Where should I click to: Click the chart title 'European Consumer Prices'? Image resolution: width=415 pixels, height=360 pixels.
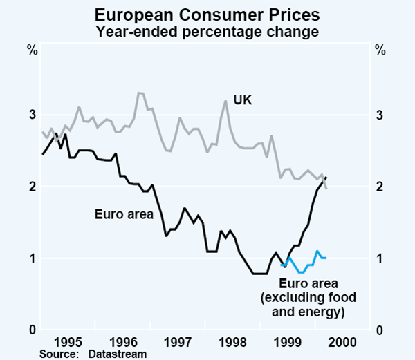click(207, 14)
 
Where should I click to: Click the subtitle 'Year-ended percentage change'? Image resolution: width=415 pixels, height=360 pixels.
click(207, 30)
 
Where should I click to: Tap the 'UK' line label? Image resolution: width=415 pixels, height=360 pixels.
click(243, 100)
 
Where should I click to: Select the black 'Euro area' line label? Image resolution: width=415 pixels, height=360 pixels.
click(123, 214)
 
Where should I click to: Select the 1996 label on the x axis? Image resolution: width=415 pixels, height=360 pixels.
click(123, 341)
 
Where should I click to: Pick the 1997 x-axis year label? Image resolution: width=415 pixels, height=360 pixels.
click(179, 341)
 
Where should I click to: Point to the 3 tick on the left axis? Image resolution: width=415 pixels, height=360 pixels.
click(32, 115)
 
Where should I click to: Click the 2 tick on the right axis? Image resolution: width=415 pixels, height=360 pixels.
click(380, 187)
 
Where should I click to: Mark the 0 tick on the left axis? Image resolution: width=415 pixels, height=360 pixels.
click(32, 330)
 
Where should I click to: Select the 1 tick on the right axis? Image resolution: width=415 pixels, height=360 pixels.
click(380, 258)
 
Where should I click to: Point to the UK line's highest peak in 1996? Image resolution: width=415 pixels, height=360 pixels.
click(139, 93)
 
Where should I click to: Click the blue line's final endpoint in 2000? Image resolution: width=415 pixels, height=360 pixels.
click(326, 258)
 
